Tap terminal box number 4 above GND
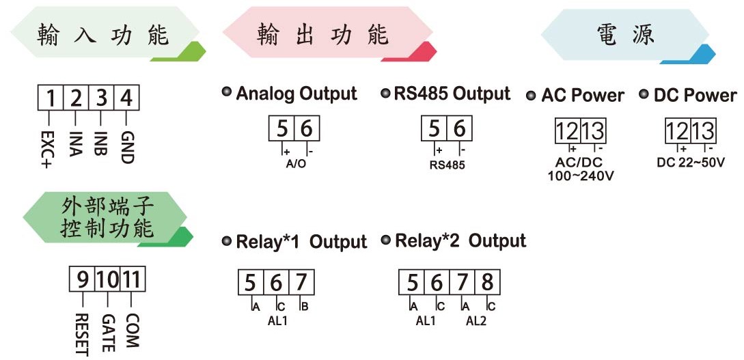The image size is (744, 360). (x=126, y=98)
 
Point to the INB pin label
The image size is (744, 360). (x=100, y=143)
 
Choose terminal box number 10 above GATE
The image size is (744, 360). (x=107, y=279)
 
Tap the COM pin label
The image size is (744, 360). (x=133, y=330)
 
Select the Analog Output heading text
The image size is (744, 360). (x=297, y=94)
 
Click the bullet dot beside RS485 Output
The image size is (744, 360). (x=386, y=92)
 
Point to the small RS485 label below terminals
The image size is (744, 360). (x=447, y=165)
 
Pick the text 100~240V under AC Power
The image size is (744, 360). (x=581, y=176)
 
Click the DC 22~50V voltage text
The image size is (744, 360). (x=691, y=163)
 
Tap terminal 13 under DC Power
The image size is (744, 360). (x=703, y=131)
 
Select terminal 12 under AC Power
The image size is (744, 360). (x=568, y=131)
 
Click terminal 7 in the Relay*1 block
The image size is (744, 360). (x=301, y=283)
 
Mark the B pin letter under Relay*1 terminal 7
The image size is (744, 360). (x=305, y=307)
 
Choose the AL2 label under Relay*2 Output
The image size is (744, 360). (x=476, y=321)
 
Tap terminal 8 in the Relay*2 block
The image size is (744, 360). (x=487, y=283)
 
